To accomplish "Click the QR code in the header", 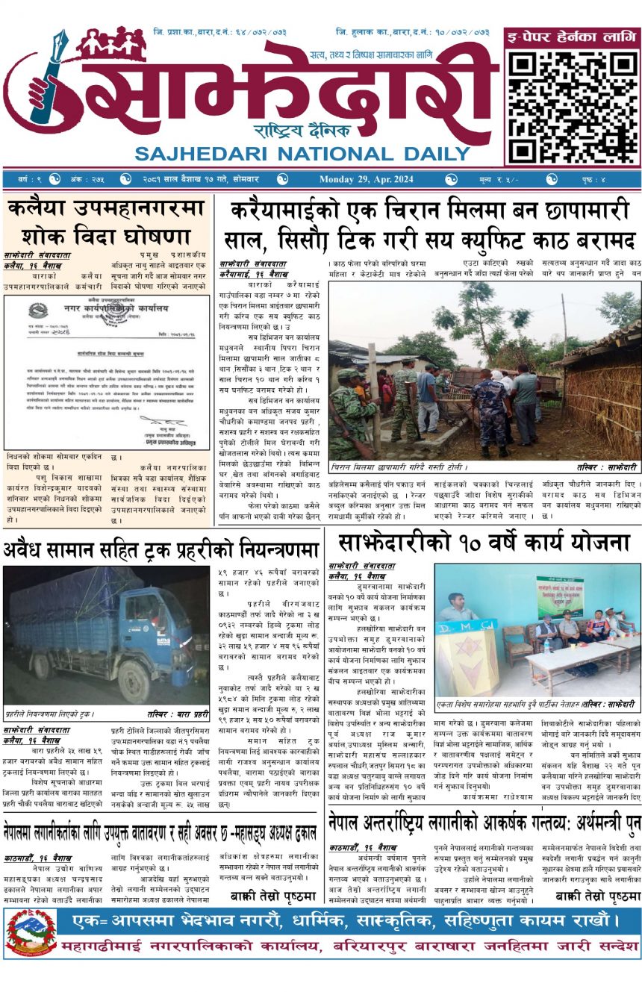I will click(x=572, y=102).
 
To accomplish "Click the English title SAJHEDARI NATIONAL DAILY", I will click(x=301, y=155).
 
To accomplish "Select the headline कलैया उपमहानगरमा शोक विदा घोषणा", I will click(x=106, y=222).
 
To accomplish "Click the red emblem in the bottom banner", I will click(x=31, y=933).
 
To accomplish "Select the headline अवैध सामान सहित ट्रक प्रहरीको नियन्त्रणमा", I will click(x=161, y=550).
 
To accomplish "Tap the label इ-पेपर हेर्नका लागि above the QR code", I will click(x=572, y=36).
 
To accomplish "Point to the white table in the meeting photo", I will click(x=575, y=657).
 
